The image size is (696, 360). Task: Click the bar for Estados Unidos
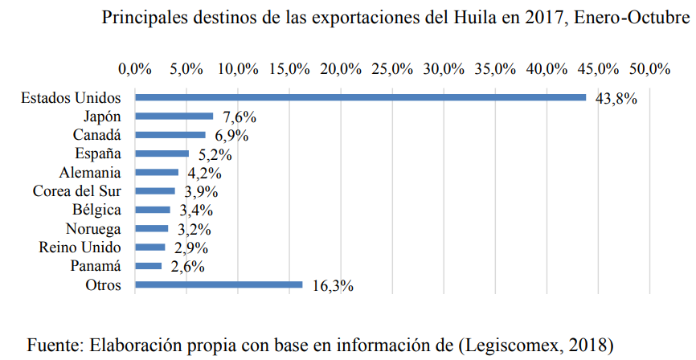360,97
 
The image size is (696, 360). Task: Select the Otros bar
219,284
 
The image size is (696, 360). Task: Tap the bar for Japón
174,116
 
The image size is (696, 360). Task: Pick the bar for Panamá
148,265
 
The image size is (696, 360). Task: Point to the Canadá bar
170,134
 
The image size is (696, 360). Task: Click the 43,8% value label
616,99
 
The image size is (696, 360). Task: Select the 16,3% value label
332,286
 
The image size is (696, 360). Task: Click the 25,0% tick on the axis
392,68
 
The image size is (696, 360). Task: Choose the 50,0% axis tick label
648,68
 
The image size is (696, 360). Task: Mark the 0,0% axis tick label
135,68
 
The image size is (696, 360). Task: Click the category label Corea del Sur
76,191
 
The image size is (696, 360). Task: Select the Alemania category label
90,173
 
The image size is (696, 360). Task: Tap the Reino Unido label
80,247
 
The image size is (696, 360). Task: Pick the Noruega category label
93,228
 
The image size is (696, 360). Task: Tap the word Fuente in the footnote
55,345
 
